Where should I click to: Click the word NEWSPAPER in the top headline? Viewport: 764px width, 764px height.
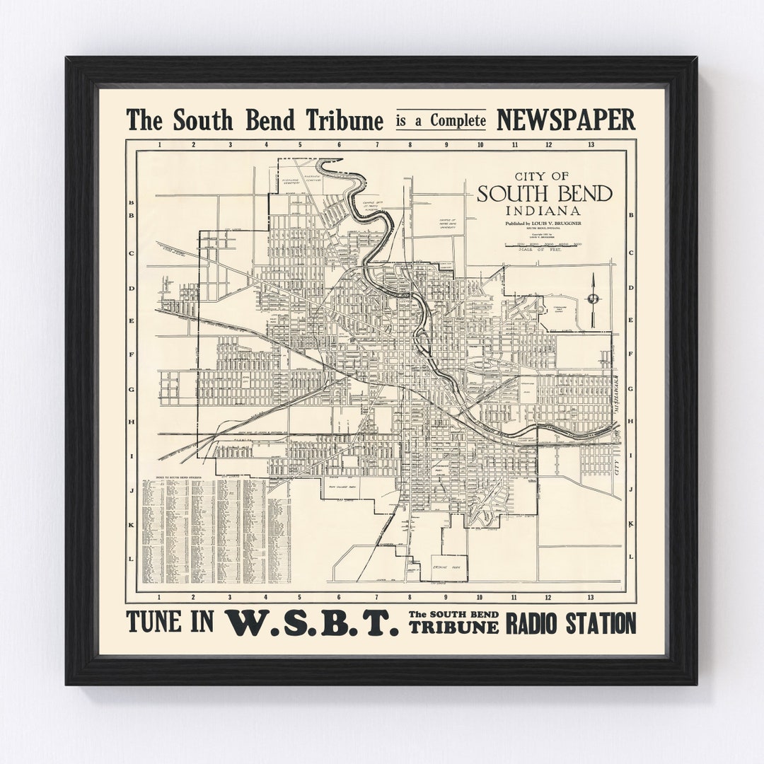[566, 120]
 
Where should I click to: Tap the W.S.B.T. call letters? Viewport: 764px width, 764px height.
[311, 624]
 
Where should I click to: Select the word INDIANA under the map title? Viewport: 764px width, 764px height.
[542, 211]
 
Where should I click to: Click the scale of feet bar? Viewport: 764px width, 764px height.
[542, 244]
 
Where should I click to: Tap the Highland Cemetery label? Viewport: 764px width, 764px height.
[294, 180]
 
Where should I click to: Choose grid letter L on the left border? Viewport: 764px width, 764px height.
[131, 558]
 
